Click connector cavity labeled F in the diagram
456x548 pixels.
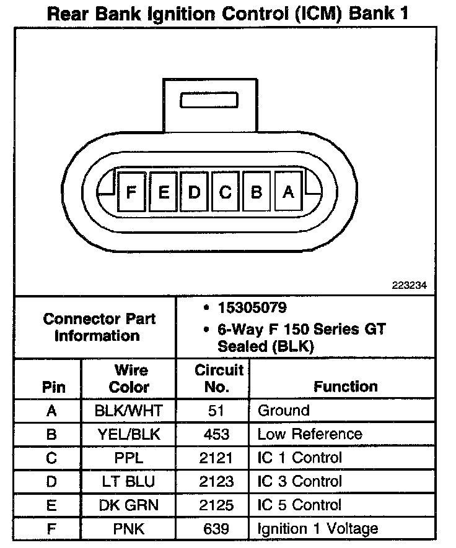[131, 192]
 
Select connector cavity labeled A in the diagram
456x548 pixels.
[287, 192]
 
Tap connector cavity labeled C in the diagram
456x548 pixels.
[225, 192]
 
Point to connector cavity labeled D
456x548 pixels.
[194, 192]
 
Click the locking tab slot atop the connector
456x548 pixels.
[208, 101]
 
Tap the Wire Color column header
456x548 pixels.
[129, 379]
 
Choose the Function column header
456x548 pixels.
[346, 387]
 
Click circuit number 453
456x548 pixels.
[216, 434]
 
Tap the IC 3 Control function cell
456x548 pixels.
[300, 482]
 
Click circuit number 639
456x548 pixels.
[216, 529]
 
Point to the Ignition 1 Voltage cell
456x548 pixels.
[318, 529]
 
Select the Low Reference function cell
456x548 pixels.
[310, 434]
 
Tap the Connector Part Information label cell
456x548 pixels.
[99, 328]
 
